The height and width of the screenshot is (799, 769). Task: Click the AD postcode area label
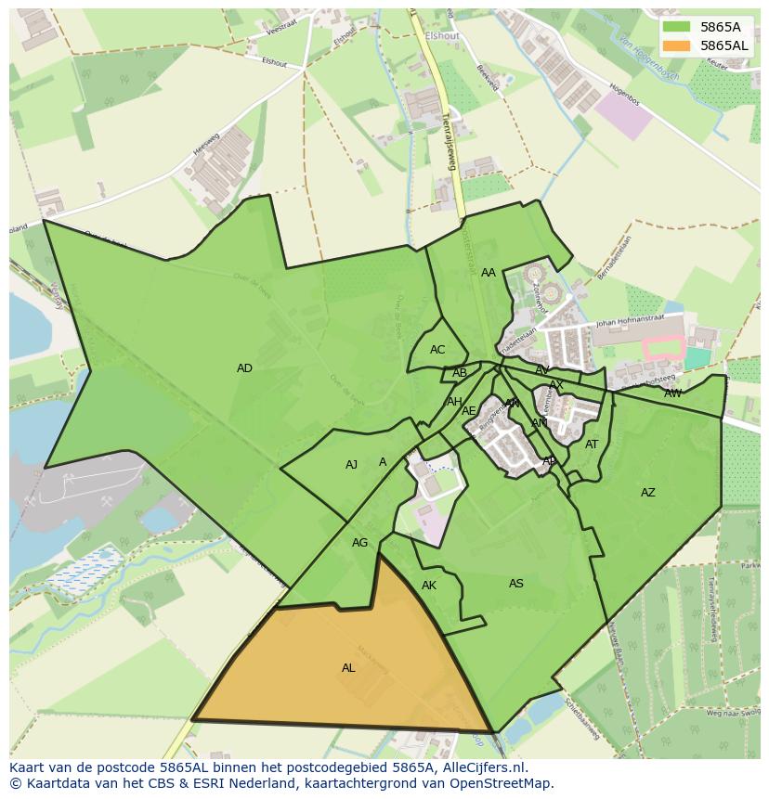[x=244, y=368]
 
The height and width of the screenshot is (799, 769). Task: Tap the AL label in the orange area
[x=348, y=667]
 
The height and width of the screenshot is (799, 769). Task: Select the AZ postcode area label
[x=647, y=493]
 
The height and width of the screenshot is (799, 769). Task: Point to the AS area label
[x=515, y=584]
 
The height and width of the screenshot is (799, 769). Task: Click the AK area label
[x=428, y=586]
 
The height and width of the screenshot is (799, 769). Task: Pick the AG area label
[x=359, y=543]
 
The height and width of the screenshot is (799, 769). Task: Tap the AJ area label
[x=351, y=465]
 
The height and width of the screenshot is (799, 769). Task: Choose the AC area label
[x=437, y=350]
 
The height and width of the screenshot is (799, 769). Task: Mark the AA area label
[x=488, y=273]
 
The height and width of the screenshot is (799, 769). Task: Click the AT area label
[x=592, y=445]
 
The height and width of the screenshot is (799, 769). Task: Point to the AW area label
[x=672, y=393]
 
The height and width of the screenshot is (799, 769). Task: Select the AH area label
[x=453, y=402]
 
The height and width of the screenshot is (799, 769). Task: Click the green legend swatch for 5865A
[x=676, y=27]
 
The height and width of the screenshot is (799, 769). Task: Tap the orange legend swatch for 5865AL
[x=676, y=45]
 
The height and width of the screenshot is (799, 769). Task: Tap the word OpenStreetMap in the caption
[x=503, y=783]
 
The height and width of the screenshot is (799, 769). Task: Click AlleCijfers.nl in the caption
[x=482, y=767]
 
